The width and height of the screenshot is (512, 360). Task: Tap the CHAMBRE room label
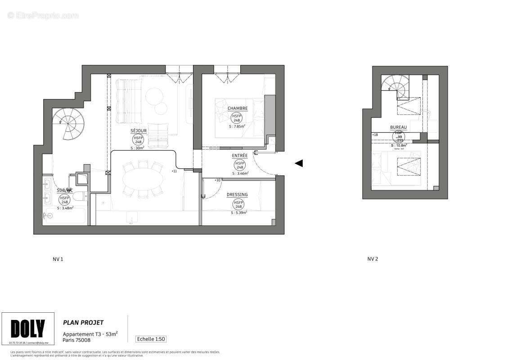click(237, 108)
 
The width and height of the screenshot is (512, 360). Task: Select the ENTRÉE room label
click(239, 156)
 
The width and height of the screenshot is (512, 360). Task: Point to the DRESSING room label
click(237, 195)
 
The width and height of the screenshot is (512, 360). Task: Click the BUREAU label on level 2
click(398, 127)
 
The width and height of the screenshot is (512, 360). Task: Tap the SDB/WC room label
click(65, 190)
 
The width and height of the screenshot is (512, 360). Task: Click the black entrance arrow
click(299, 163)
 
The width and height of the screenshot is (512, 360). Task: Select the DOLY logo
click(28, 329)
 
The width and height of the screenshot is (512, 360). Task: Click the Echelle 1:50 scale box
click(151, 339)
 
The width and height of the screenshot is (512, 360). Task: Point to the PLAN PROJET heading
click(83, 323)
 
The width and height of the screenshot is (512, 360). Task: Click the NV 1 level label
click(58, 259)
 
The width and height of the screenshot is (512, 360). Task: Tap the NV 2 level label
click(373, 259)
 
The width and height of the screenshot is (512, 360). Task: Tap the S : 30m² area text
click(137, 148)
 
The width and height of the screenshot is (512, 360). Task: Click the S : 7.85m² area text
click(237, 126)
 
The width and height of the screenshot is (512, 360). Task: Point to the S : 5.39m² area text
click(239, 212)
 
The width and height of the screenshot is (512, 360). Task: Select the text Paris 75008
click(76, 340)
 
